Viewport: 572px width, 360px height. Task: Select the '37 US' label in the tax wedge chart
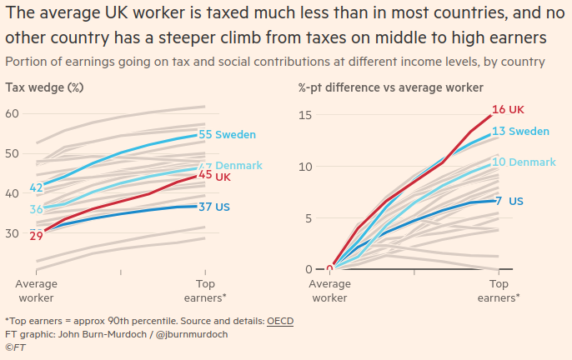coord(215,206)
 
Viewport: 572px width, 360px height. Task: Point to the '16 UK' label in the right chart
coord(508,110)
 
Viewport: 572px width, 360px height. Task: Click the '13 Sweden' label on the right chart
coord(520,132)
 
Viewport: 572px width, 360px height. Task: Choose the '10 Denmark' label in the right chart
coord(523,162)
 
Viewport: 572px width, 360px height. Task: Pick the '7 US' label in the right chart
coord(509,201)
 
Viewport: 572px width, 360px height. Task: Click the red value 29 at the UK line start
coord(37,237)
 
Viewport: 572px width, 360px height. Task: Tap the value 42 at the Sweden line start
coord(37,187)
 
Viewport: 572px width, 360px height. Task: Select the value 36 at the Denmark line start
coord(37,209)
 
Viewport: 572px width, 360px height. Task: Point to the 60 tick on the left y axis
coord(13,112)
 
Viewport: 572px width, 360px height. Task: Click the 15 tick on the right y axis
coord(304,114)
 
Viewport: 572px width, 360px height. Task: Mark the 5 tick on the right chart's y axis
coord(307,218)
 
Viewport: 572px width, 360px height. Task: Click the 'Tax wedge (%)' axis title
coord(44,87)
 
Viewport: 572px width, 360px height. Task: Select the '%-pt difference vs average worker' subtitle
coord(390,87)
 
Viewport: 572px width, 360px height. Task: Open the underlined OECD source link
coord(280,321)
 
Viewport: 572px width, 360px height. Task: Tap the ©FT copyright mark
coord(15,347)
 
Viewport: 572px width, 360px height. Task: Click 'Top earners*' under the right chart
coord(498,291)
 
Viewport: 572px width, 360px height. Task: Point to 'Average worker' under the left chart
coord(37,291)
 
